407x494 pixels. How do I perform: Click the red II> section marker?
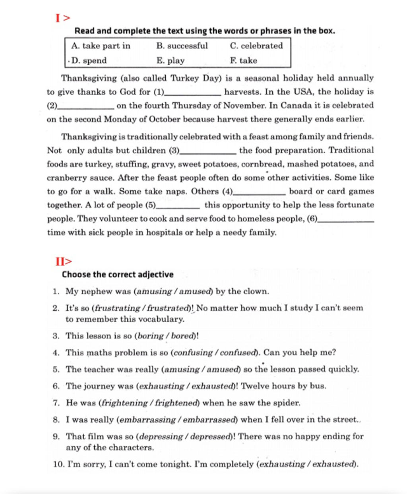tap(64, 262)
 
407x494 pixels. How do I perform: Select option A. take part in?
tap(101, 46)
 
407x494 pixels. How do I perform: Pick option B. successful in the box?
tap(182, 46)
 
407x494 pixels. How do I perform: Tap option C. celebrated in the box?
tap(256, 46)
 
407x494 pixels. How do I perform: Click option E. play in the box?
tap(171, 60)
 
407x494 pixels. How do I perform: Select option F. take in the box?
tap(243, 60)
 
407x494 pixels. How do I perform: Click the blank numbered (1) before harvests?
tap(192, 93)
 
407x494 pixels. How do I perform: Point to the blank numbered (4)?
tap(259, 192)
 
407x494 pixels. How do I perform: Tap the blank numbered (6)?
tap(346, 219)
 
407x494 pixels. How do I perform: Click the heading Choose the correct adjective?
tap(118, 274)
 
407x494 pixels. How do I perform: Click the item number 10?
tap(58, 464)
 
